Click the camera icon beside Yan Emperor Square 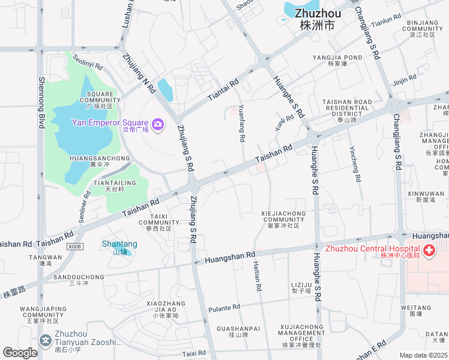coord(158,124)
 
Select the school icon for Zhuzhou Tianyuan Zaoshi coord(46,341)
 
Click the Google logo coord(20,353)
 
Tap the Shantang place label coord(119,244)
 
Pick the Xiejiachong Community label coord(283,219)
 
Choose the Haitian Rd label coord(258,277)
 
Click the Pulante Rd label coord(224,308)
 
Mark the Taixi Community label coord(158,222)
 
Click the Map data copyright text coord(423,355)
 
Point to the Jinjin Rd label coord(405,79)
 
